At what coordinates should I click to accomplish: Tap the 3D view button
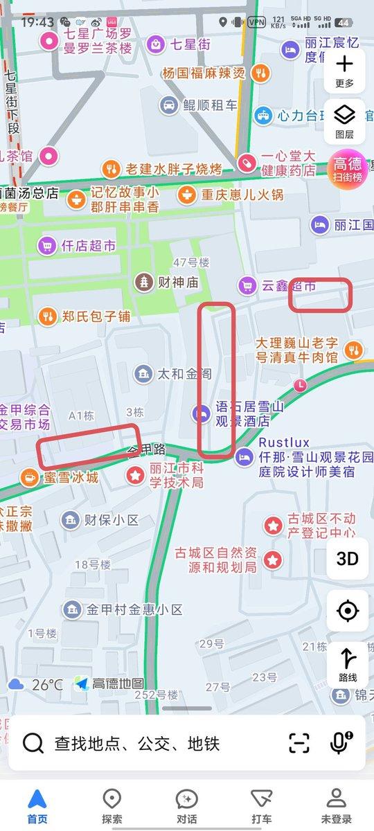click(347, 558)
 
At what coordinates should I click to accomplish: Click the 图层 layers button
click(344, 120)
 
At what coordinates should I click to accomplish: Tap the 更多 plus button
click(344, 71)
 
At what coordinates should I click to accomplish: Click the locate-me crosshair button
click(347, 611)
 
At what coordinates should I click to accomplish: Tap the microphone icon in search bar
click(339, 744)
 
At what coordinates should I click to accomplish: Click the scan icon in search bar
click(299, 744)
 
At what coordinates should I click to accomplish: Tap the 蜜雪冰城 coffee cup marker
click(28, 477)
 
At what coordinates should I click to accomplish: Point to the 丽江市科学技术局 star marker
click(134, 476)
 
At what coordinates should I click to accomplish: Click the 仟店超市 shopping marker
click(47, 245)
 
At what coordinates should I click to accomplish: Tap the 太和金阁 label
click(184, 374)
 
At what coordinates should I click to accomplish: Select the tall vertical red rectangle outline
click(217, 379)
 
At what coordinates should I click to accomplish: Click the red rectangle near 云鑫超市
click(320, 294)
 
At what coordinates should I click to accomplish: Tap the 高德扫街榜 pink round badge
click(348, 169)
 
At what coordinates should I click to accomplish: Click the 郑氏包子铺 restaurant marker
click(47, 316)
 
